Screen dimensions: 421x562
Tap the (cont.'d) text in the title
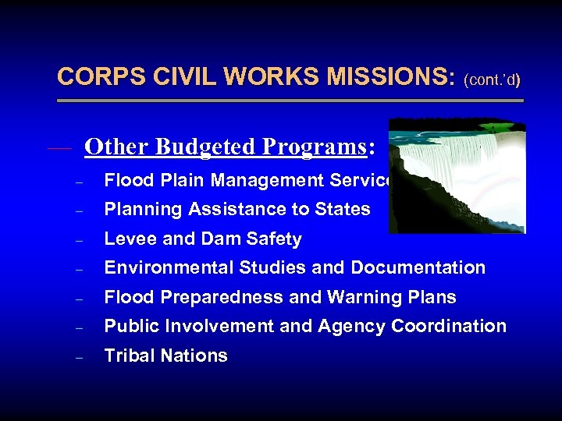pyautogui.click(x=492, y=80)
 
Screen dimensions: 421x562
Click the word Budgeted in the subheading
pyautogui.click(x=205, y=147)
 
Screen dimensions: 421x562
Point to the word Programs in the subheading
pyautogui.click(x=313, y=147)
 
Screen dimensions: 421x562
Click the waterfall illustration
pyautogui.click(x=457, y=175)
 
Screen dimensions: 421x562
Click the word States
pyautogui.click(x=342, y=210)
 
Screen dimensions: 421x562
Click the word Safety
pyautogui.click(x=276, y=239)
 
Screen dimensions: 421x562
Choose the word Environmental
pyautogui.click(x=160, y=268)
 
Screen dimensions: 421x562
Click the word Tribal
pyautogui.click(x=128, y=356)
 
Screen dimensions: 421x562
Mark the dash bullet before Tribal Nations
pyautogui.click(x=79, y=357)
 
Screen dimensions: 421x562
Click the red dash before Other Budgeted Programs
pyautogui.click(x=59, y=147)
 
